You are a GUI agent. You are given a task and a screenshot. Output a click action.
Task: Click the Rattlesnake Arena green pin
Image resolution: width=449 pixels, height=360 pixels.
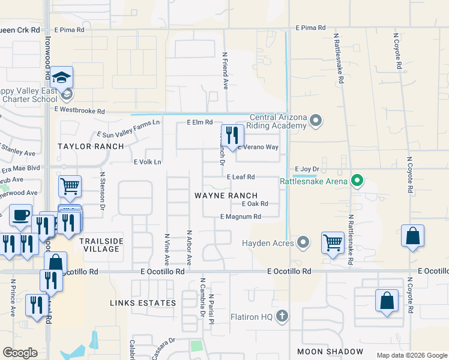point(357,179)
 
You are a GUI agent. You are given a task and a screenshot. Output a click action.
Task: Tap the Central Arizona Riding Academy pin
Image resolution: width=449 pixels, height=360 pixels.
point(317,121)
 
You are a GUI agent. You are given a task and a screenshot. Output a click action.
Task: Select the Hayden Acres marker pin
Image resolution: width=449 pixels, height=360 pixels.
point(303,243)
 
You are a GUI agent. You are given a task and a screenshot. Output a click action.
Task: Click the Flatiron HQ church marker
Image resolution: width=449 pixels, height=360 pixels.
point(282,316)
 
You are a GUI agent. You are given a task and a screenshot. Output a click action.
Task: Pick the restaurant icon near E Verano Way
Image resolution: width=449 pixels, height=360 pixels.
point(230,136)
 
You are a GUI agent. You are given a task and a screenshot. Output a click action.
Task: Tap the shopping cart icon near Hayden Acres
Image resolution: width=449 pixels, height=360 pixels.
point(332,243)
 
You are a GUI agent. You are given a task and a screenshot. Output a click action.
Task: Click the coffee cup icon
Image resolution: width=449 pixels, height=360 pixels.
point(21,215)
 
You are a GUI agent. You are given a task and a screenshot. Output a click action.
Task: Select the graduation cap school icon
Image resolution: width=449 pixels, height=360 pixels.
point(61,77)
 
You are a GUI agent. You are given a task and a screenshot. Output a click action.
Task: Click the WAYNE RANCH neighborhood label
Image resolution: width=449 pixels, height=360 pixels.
point(226,196)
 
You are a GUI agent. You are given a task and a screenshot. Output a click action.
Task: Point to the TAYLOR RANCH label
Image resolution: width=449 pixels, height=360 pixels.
point(91,146)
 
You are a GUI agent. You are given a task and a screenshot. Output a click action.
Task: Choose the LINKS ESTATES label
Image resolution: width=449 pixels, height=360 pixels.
point(143,303)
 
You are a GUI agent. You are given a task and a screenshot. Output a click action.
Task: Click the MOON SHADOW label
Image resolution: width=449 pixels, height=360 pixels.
point(330,351)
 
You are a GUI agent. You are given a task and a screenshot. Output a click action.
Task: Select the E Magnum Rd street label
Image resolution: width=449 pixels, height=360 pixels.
point(241,217)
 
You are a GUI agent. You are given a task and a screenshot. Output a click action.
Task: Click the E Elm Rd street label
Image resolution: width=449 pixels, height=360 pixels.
point(200,122)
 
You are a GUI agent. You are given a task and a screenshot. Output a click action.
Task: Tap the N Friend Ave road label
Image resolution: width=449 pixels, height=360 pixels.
point(225,70)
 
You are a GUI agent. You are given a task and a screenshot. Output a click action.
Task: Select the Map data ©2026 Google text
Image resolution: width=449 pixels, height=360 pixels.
point(411,355)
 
